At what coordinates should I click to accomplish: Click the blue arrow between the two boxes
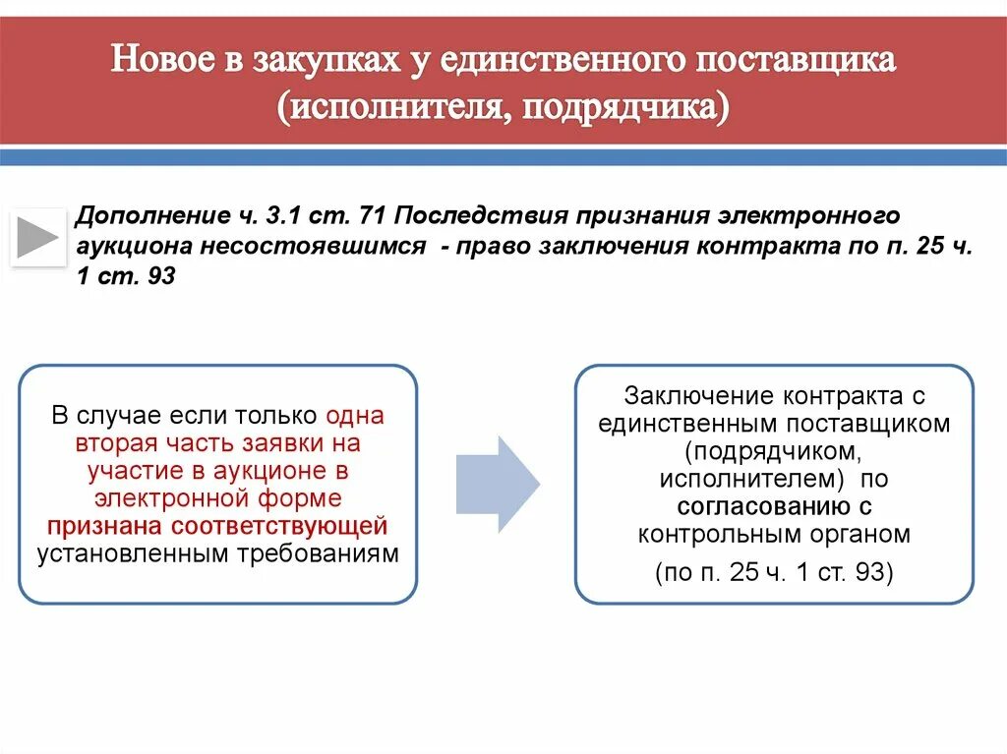(498, 484)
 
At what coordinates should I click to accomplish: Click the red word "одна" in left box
(355, 416)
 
